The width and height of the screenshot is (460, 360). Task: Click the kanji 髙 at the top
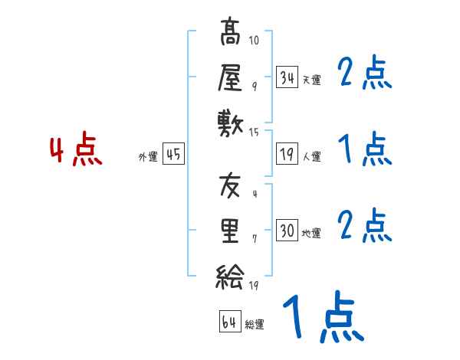231,32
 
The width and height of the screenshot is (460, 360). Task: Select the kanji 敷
231,120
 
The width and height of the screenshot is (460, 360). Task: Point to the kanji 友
231,185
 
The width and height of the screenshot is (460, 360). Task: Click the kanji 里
231,229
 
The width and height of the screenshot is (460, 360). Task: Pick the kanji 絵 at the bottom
231,273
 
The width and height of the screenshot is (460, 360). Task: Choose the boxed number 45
173,155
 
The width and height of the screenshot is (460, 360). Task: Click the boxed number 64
229,322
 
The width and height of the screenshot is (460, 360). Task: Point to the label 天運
311,80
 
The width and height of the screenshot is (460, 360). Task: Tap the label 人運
311,157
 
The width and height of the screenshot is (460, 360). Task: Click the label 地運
311,234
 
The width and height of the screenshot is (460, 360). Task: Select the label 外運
147,157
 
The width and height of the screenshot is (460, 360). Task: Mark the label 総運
255,325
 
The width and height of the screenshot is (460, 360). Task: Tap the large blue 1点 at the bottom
322,318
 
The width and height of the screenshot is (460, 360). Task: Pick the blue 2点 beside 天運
365,74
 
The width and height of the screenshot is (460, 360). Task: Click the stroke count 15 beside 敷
255,133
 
